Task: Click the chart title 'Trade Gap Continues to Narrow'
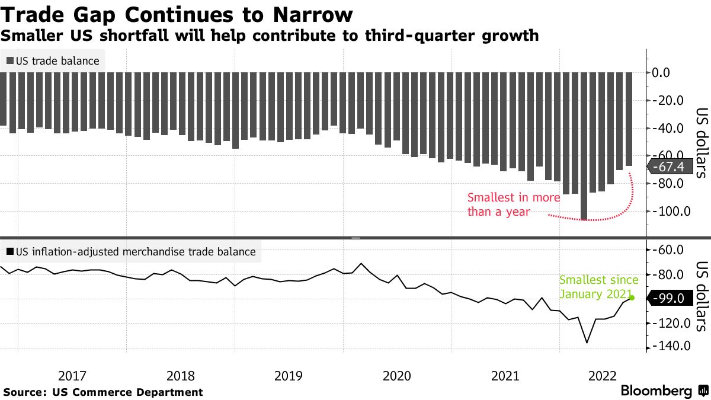pyautogui.click(x=177, y=14)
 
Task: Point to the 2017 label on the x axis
pyautogui.click(x=73, y=375)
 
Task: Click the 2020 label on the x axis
pyautogui.click(x=397, y=375)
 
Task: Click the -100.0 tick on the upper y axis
pyautogui.click(x=671, y=212)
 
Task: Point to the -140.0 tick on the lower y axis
pyautogui.click(x=671, y=346)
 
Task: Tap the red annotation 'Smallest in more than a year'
pyautogui.click(x=513, y=204)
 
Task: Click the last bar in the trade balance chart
pyautogui.click(x=629, y=119)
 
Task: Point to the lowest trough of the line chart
pyautogui.click(x=587, y=342)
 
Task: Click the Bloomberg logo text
pyautogui.click(x=656, y=391)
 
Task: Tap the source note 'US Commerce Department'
pyautogui.click(x=127, y=392)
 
